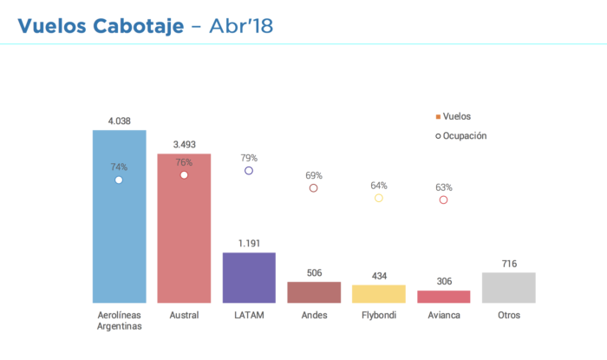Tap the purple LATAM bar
click(x=249, y=278)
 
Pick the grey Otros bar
click(x=508, y=287)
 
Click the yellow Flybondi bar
click(x=378, y=293)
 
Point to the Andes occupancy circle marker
click(x=314, y=188)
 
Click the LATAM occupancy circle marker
click(x=249, y=171)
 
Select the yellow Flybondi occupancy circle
click(x=378, y=199)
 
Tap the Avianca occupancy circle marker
click(x=443, y=200)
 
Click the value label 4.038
click(x=119, y=121)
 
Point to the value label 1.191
click(x=249, y=244)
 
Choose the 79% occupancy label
click(x=249, y=158)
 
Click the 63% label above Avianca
click(x=443, y=187)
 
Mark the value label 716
click(x=508, y=263)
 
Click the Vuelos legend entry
click(x=457, y=116)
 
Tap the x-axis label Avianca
click(x=443, y=315)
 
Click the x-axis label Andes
click(x=314, y=315)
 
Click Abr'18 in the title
click(x=241, y=26)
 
